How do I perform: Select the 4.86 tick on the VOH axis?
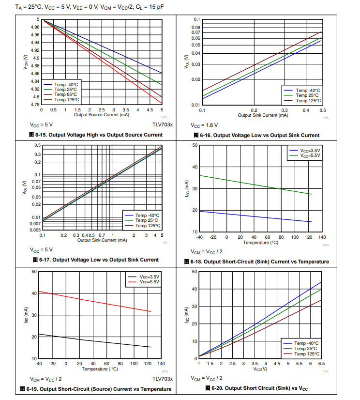pyautogui.click(x=35, y=74)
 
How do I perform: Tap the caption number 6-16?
pyautogui.click(x=205, y=135)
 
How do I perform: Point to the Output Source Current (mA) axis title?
pyautogui.click(x=101, y=115)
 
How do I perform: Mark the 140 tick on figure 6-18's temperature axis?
pyautogui.click(x=322, y=237)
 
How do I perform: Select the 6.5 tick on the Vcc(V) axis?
pyautogui.click(x=321, y=363)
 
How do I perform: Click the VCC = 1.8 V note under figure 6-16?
pyautogui.click(x=204, y=124)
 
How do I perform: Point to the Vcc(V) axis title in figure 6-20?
pyautogui.click(x=260, y=369)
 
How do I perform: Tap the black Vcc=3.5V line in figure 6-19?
pyautogui.click(x=97, y=340)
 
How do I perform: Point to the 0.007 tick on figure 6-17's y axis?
pyautogui.click(x=35, y=224)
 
